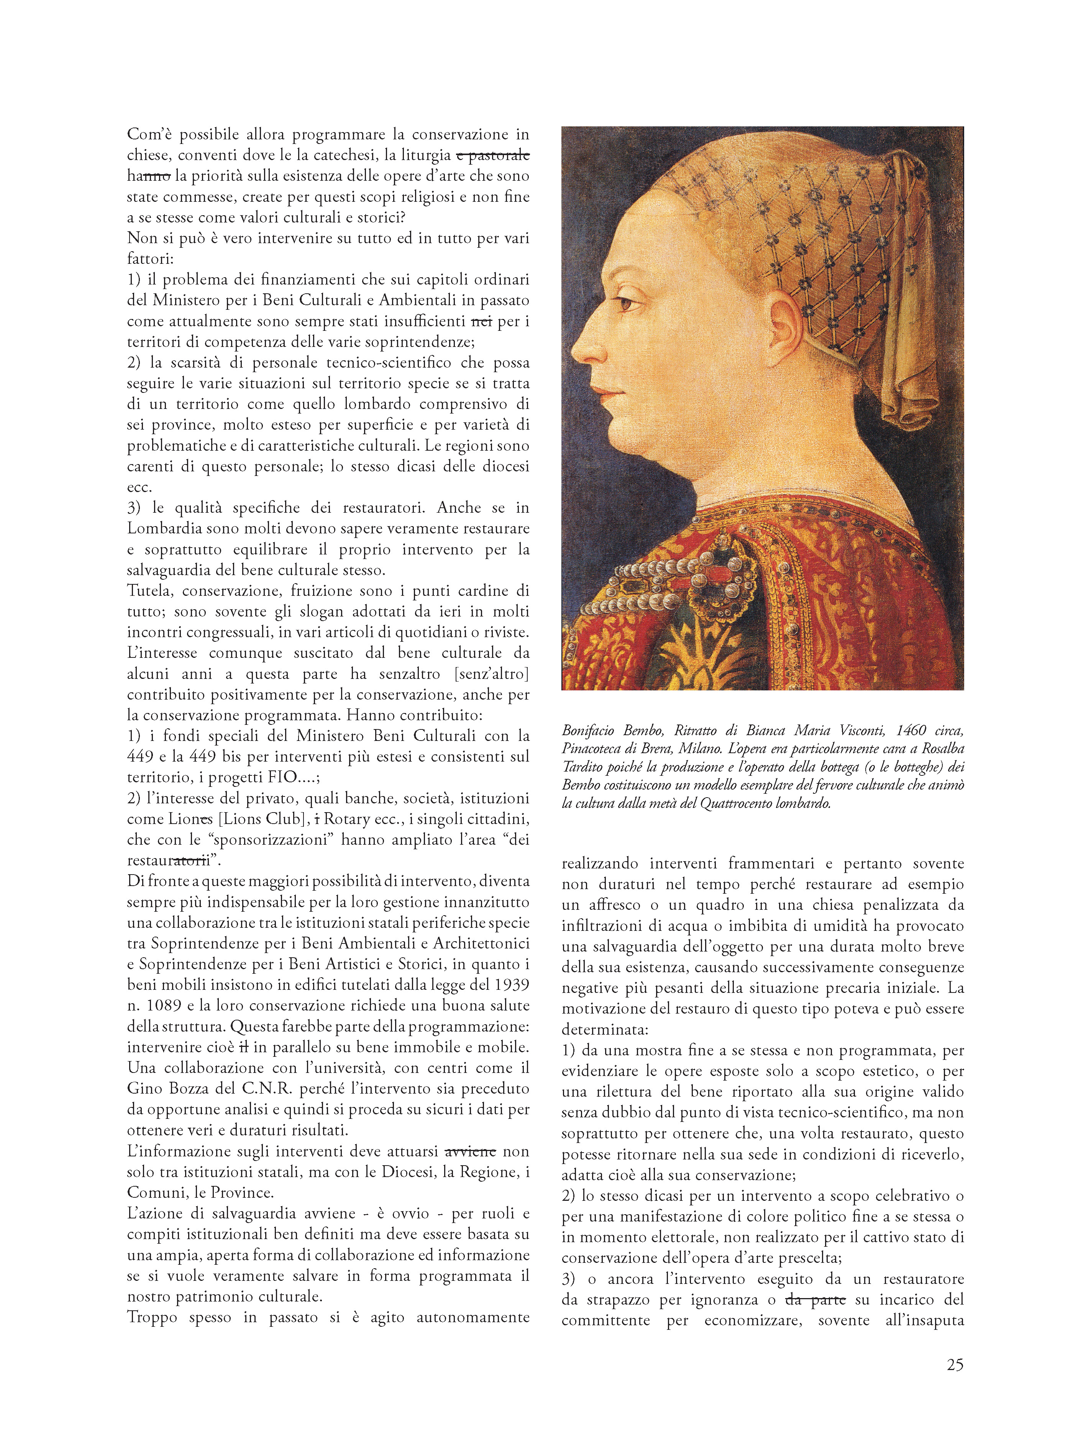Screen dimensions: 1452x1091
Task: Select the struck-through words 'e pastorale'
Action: point(493,155)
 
